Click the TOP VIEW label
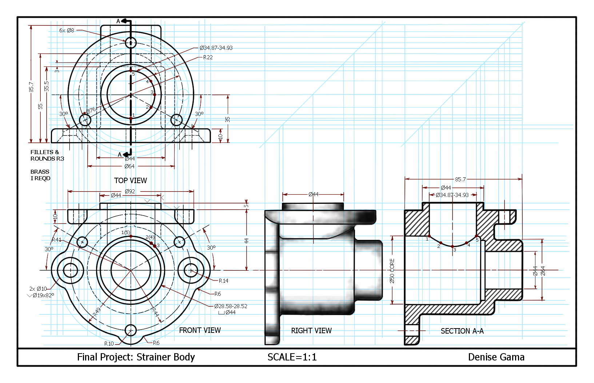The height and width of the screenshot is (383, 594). pyautogui.click(x=131, y=180)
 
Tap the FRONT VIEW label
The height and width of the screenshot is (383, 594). pyautogui.click(x=200, y=330)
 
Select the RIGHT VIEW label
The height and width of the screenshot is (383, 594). pyautogui.click(x=311, y=331)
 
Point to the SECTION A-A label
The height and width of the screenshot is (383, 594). pyautogui.click(x=462, y=331)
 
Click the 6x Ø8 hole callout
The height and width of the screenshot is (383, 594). pyautogui.click(x=67, y=31)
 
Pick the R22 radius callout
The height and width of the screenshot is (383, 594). pyautogui.click(x=208, y=57)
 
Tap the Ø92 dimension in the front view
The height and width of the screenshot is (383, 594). pyautogui.click(x=130, y=191)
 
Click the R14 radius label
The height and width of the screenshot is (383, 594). pyautogui.click(x=223, y=281)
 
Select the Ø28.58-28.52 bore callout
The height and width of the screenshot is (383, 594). pyautogui.click(x=231, y=306)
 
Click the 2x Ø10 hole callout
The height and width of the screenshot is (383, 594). pyautogui.click(x=38, y=289)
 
